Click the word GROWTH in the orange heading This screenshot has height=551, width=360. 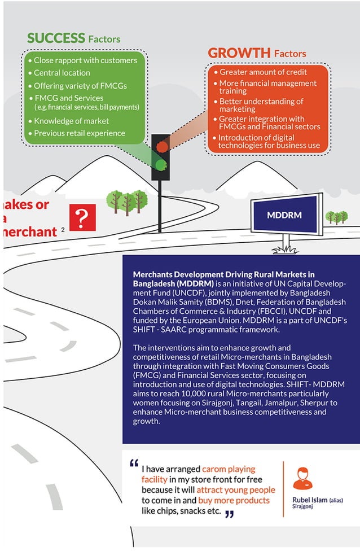click(239, 53)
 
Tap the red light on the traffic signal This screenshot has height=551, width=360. click(162, 147)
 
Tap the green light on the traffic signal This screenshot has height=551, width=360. click(162, 164)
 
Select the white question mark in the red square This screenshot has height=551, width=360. click(82, 217)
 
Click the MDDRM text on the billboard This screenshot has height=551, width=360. click(286, 216)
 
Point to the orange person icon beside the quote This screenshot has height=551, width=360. click(303, 478)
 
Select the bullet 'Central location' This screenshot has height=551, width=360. click(62, 73)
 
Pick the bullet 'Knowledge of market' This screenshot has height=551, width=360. click(71, 121)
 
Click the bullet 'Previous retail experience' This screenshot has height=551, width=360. click(80, 133)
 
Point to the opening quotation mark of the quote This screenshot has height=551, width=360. click(134, 463)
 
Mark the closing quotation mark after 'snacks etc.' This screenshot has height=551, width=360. click(229, 514)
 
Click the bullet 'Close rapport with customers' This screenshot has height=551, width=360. click(85, 60)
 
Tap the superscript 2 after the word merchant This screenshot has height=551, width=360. click(63, 229)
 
